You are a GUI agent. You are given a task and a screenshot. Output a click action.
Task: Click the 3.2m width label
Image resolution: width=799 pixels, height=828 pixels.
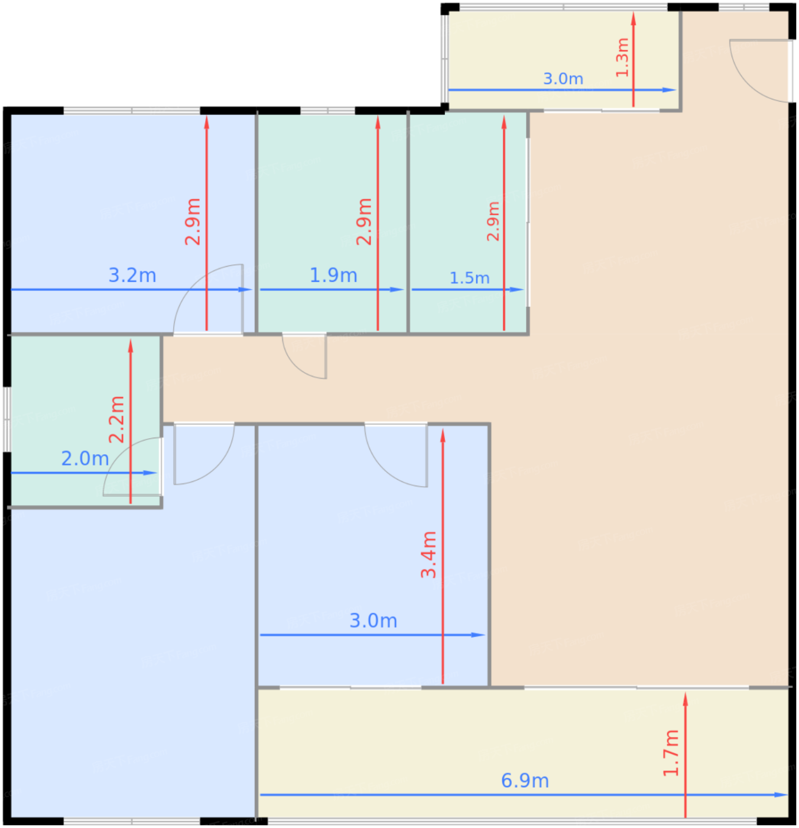pyautogui.click(x=132, y=275)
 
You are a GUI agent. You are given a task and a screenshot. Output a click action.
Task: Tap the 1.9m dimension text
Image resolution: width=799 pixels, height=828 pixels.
pyautogui.click(x=333, y=275)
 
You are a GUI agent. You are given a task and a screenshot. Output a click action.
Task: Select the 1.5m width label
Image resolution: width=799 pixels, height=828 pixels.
pyautogui.click(x=469, y=279)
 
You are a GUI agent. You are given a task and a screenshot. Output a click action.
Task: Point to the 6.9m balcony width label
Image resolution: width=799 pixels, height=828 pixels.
pyautogui.click(x=525, y=781)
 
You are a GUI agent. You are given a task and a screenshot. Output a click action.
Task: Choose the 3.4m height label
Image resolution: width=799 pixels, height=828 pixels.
pyautogui.click(x=428, y=555)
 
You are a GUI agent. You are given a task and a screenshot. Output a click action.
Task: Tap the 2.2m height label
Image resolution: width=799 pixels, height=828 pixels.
pyautogui.click(x=116, y=419)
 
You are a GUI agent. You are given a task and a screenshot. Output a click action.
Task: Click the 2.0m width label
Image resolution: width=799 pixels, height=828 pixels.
pyautogui.click(x=85, y=459)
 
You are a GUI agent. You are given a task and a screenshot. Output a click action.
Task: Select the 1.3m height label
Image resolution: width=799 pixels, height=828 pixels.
pyautogui.click(x=622, y=57)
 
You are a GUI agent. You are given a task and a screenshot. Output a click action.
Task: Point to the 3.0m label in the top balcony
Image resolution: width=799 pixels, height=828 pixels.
pyautogui.click(x=563, y=79)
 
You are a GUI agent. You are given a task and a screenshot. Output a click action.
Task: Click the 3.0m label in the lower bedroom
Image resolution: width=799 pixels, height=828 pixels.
pyautogui.click(x=373, y=621)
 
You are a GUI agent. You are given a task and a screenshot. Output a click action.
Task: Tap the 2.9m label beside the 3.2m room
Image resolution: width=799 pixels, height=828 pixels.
pyautogui.click(x=193, y=222)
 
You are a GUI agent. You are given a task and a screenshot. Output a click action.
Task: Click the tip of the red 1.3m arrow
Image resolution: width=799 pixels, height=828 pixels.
pyautogui.click(x=633, y=12)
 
